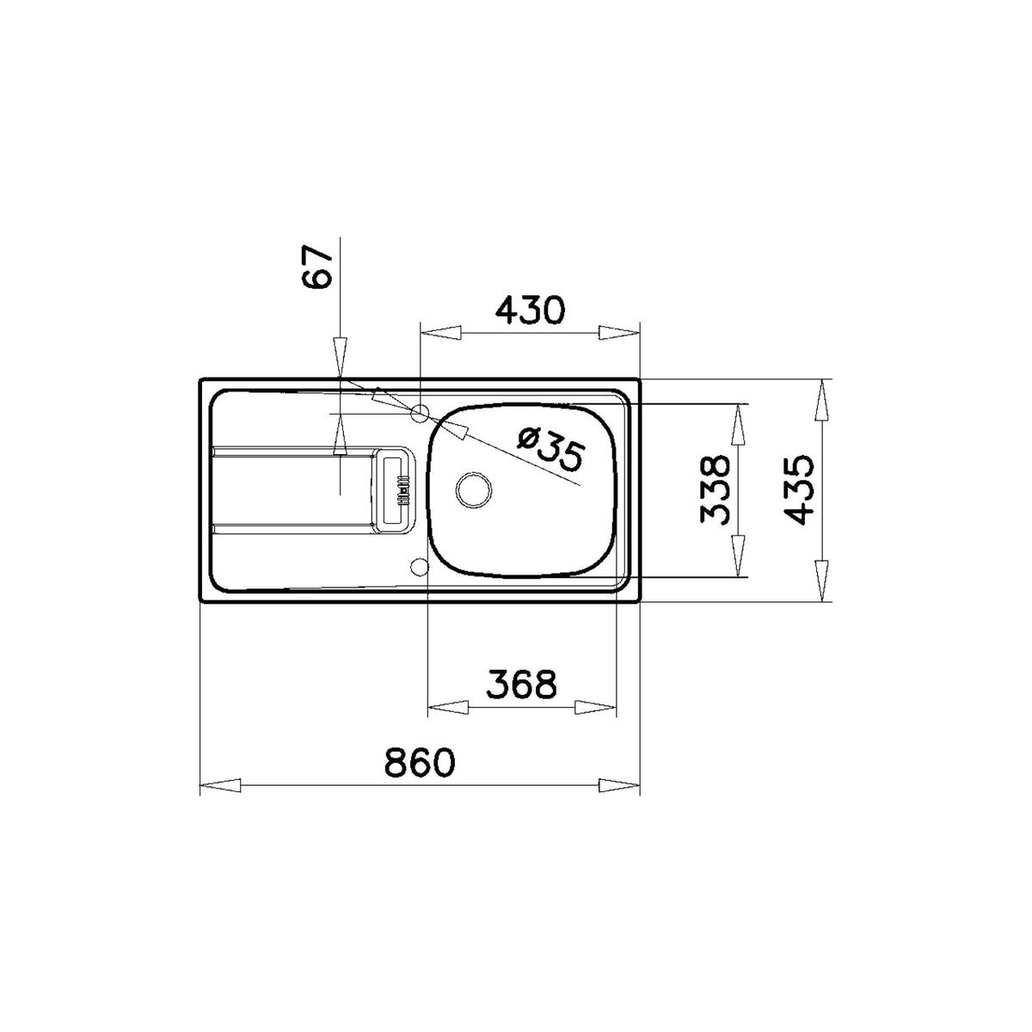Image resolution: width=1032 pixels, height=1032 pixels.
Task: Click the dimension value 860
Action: (419, 763)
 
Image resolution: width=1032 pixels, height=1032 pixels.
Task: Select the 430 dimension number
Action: (529, 310)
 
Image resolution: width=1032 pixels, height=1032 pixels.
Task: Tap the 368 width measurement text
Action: (521, 685)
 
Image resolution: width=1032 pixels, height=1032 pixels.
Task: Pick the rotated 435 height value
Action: (799, 490)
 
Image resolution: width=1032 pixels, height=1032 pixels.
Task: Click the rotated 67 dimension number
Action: (316, 268)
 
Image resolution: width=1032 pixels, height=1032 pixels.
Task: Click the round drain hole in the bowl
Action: (472, 488)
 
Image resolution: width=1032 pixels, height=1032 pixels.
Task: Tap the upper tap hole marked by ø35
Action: (420, 414)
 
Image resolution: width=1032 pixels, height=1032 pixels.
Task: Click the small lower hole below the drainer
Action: (421, 566)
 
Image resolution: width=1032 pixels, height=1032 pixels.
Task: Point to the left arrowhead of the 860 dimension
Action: (220, 785)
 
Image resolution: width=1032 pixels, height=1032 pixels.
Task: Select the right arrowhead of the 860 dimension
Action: (619, 785)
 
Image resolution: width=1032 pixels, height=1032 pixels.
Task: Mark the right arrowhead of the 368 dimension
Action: (596, 708)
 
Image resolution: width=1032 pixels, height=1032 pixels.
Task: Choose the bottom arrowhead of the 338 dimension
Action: (738, 556)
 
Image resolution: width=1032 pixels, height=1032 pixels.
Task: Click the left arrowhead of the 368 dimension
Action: (448, 708)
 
